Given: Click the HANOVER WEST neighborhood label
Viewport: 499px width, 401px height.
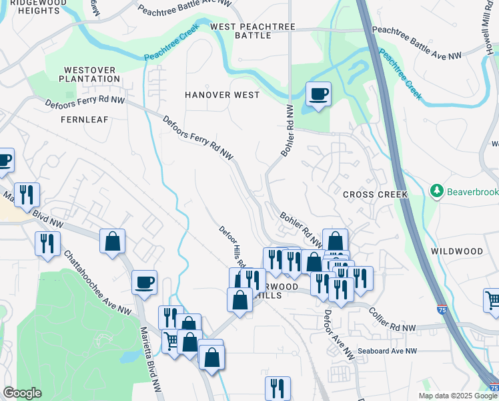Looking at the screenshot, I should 222,95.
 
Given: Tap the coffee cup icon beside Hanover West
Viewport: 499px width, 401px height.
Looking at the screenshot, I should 318,94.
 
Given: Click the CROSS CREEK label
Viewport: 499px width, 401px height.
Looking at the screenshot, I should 374,194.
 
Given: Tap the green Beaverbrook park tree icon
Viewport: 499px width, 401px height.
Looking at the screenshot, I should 437,192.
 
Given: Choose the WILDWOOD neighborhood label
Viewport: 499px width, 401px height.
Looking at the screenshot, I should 456,251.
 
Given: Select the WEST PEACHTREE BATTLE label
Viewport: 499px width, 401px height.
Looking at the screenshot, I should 252,31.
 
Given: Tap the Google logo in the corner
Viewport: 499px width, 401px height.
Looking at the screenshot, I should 23,393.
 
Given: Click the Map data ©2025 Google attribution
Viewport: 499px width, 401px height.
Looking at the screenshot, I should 457,396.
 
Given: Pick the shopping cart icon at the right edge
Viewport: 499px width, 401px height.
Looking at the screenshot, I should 492,300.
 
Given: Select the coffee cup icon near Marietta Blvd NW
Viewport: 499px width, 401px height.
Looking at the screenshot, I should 143,282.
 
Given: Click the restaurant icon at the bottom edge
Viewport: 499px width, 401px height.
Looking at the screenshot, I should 278,388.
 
